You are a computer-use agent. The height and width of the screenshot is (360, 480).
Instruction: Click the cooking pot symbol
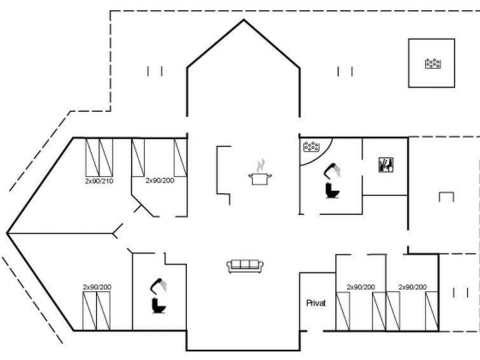coord(260,179)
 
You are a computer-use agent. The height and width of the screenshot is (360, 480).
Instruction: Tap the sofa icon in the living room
coord(245,266)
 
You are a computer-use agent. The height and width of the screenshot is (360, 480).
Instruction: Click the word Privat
coord(316,303)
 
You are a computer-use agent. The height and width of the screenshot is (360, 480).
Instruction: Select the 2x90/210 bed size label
coord(99,181)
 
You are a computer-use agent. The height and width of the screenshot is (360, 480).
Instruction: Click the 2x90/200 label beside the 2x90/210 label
coord(160,181)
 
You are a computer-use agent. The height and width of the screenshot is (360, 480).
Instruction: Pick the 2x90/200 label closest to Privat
coord(361,287)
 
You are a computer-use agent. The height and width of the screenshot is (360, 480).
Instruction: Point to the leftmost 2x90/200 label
coord(97,287)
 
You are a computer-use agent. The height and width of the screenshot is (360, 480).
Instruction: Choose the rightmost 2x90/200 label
coord(413,287)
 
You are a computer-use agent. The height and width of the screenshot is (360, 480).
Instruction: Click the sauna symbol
coord(386,165)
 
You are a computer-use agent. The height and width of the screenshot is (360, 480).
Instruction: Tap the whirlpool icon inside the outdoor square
coord(433,64)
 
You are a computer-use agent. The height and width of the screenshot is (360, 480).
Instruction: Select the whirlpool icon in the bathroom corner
coord(312,147)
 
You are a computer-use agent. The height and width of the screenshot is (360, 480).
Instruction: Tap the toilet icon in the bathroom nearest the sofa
coord(159,305)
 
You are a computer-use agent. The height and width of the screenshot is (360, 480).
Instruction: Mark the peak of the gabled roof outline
coord(243,20)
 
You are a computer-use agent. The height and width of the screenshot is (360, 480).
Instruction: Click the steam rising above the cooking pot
coord(261,165)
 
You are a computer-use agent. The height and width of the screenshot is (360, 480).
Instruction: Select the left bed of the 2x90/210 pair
coord(92,158)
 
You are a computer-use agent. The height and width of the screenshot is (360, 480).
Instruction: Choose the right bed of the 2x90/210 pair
coord(106,158)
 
